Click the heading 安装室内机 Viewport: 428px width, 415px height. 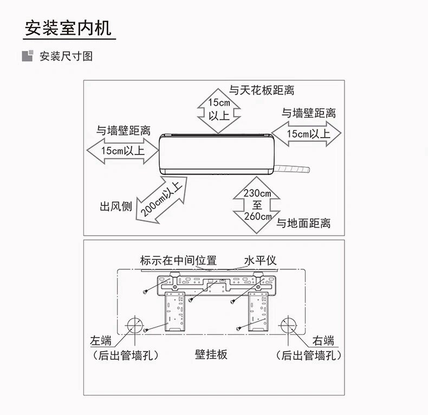[x=68, y=28]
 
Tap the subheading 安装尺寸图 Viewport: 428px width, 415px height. [x=66, y=56]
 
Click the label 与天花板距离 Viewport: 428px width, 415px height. [x=262, y=90]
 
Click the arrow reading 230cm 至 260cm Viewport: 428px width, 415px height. [x=257, y=205]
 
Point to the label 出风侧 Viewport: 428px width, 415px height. [x=115, y=206]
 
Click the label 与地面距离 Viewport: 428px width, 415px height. [x=303, y=223]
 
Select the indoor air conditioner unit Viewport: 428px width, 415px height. [x=216, y=154]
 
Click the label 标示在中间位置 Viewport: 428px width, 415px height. [x=178, y=261]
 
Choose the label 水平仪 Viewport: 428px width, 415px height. [x=260, y=261]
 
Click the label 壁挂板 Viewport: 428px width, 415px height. [x=211, y=355]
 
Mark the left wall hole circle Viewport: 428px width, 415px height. [x=134, y=326]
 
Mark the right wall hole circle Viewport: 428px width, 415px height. [x=288, y=326]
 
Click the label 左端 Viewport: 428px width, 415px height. [x=101, y=341]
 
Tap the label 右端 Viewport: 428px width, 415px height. [x=323, y=341]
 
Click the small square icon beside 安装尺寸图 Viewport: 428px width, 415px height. [x=27, y=56]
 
